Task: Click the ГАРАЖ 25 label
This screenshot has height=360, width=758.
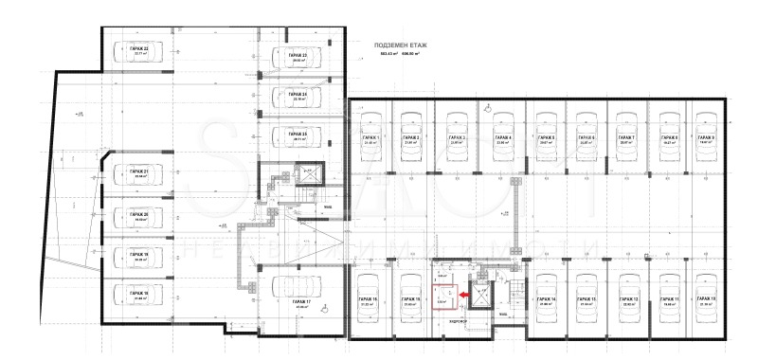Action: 298,134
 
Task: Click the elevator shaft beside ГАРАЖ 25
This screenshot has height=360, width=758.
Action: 309,174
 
